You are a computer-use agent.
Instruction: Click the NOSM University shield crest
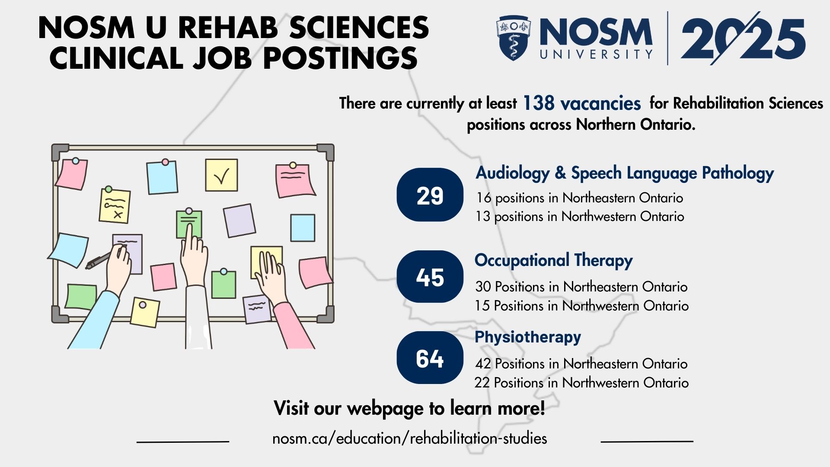click(513, 38)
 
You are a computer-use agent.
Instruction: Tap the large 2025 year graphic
click(743, 39)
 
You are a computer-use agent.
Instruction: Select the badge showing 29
click(430, 195)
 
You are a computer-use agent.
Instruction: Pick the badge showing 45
click(430, 277)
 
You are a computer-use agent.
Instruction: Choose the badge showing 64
click(430, 358)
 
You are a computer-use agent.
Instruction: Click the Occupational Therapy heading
click(553, 261)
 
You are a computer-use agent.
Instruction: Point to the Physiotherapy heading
click(528, 337)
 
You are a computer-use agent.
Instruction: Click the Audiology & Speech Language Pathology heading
click(625, 173)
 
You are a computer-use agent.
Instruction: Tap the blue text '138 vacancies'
click(582, 103)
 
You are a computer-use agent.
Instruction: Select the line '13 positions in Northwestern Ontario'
click(580, 216)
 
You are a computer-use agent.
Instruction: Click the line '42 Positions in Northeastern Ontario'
click(581, 364)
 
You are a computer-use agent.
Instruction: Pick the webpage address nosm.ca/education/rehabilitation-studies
click(409, 438)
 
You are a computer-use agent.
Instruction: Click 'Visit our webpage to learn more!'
click(409, 408)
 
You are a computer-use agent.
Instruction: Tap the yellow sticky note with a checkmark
click(221, 175)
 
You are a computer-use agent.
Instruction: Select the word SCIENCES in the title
click(359, 28)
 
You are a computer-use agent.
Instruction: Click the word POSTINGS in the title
click(340, 58)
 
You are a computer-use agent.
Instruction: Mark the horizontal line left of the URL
click(183, 441)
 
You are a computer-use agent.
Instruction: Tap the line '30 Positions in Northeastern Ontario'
click(581, 287)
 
